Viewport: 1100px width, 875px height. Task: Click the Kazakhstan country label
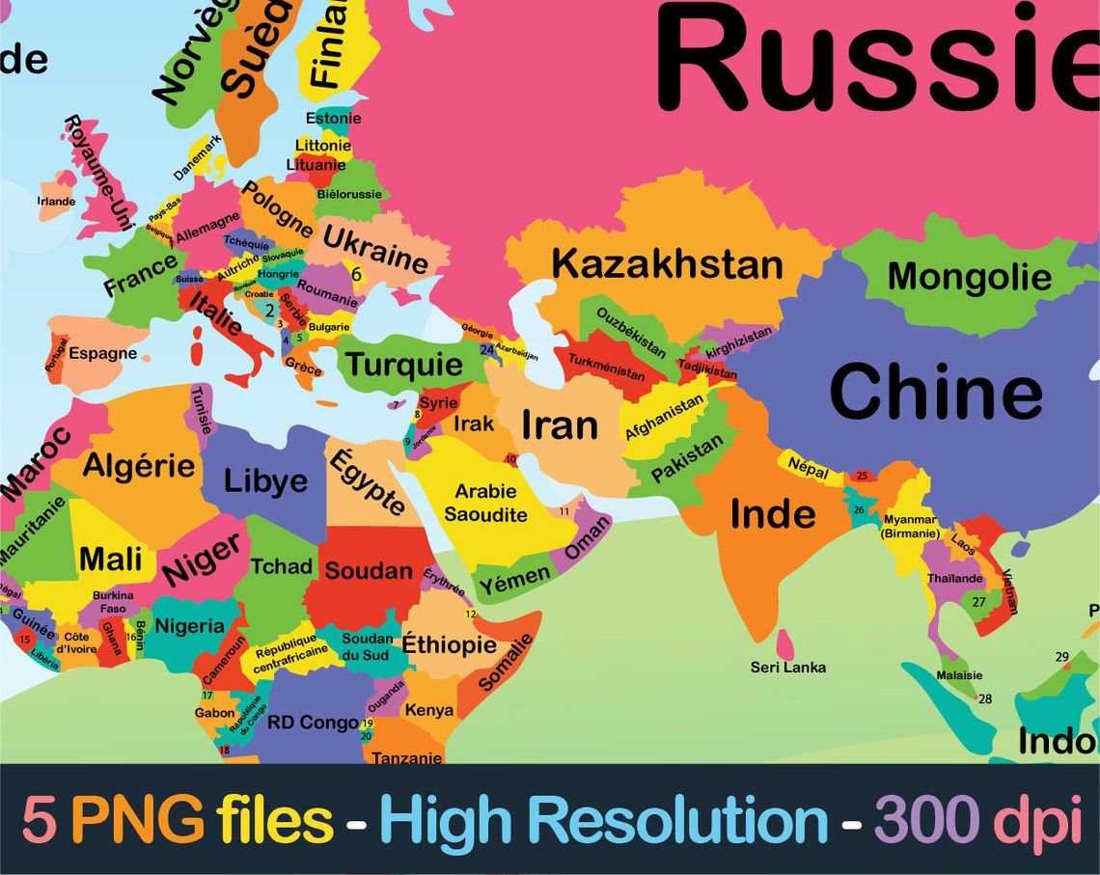click(x=667, y=264)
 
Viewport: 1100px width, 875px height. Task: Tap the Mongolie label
click(x=969, y=277)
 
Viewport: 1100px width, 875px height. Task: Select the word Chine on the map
click(x=935, y=393)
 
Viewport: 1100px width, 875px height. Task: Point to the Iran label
click(x=560, y=424)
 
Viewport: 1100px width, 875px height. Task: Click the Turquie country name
click(x=404, y=365)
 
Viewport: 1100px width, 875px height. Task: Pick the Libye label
click(x=265, y=480)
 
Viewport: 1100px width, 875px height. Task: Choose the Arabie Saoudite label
click(x=485, y=503)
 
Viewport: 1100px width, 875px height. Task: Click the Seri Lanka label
click(x=788, y=667)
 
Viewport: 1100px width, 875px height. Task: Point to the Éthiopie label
click(x=449, y=643)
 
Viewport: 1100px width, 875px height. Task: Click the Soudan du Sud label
click(x=368, y=646)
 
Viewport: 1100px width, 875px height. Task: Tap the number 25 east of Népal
click(x=862, y=475)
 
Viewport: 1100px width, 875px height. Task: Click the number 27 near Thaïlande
click(x=978, y=602)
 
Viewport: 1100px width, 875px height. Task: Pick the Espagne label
click(x=102, y=353)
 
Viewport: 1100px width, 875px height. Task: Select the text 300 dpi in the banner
click(x=976, y=820)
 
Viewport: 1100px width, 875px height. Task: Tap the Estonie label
click(x=333, y=119)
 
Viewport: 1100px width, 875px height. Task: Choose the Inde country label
click(x=773, y=513)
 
